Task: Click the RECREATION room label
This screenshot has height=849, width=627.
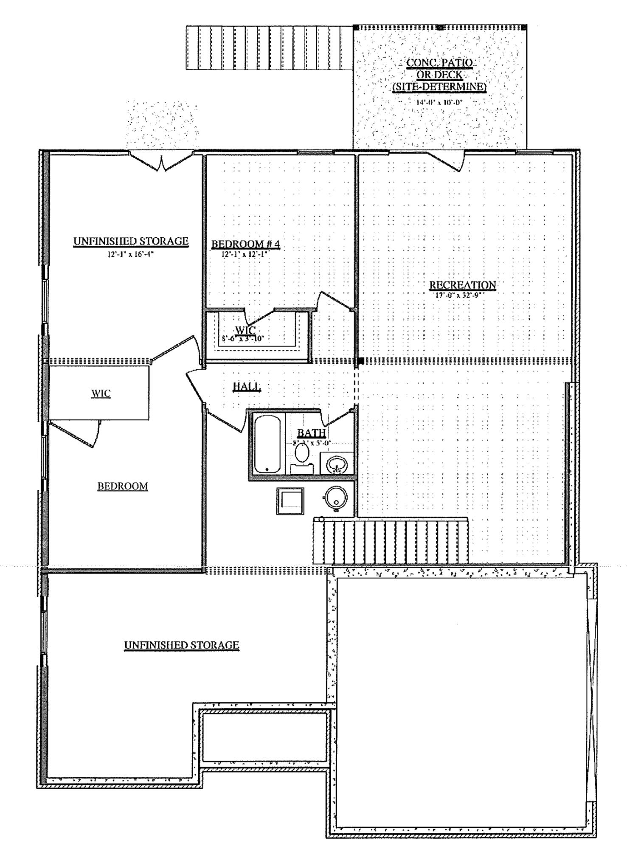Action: click(462, 285)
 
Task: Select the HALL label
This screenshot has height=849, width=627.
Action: click(246, 386)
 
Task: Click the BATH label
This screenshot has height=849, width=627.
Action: click(311, 433)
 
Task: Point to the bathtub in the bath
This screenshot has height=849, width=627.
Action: click(267, 444)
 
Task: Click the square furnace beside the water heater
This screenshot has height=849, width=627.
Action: click(290, 501)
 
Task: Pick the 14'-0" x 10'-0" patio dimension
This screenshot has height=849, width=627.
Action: click(439, 102)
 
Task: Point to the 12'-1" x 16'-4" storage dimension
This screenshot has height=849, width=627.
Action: click(131, 254)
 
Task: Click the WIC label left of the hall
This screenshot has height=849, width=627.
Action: click(101, 394)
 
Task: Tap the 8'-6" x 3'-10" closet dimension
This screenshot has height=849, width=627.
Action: click(243, 339)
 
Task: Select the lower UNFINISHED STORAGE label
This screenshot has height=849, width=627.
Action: click(181, 645)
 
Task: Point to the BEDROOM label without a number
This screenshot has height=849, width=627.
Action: click(123, 486)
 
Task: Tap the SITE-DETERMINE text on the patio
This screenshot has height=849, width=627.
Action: click(439, 87)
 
